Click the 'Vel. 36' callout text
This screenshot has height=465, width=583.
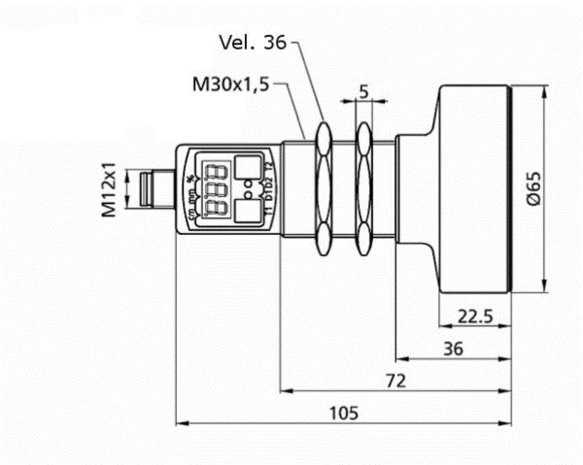(x=253, y=42)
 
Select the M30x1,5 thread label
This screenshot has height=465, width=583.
(x=231, y=84)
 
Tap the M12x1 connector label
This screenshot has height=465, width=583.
(x=109, y=189)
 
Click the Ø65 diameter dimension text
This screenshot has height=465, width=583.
(x=534, y=189)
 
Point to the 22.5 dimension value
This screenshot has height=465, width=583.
(x=475, y=316)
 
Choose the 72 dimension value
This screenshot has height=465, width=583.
(x=396, y=381)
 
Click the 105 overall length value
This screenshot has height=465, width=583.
(x=344, y=413)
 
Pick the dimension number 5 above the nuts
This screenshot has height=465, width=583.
(x=363, y=92)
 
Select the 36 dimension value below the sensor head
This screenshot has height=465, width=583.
(x=453, y=349)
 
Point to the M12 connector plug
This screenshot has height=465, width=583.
(x=155, y=189)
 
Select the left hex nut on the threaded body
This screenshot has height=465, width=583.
(x=323, y=189)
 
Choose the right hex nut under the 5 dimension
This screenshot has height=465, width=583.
(x=364, y=189)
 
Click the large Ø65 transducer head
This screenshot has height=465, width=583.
(x=474, y=189)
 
